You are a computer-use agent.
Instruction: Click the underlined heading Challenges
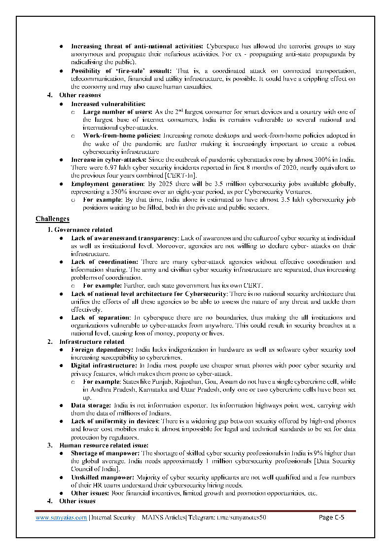coord(52,219)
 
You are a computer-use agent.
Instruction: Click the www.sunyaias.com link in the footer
coord(61,517)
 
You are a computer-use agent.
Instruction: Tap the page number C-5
coord(331,517)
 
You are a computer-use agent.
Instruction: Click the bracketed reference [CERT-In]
coord(182,175)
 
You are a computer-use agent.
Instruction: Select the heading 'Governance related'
coord(83,229)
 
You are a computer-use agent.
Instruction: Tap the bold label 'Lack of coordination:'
coord(105,261)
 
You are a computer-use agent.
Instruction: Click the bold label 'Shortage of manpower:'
coord(106,453)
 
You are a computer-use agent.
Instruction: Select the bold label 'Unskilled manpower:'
coord(102,477)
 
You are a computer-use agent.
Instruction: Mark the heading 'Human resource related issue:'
coord(100,445)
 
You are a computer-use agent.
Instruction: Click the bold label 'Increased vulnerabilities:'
coord(108,104)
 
